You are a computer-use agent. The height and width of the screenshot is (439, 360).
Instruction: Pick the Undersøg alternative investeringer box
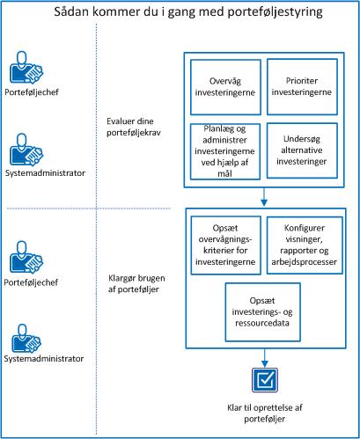300,150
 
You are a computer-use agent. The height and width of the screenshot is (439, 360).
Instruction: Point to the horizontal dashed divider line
88,209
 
